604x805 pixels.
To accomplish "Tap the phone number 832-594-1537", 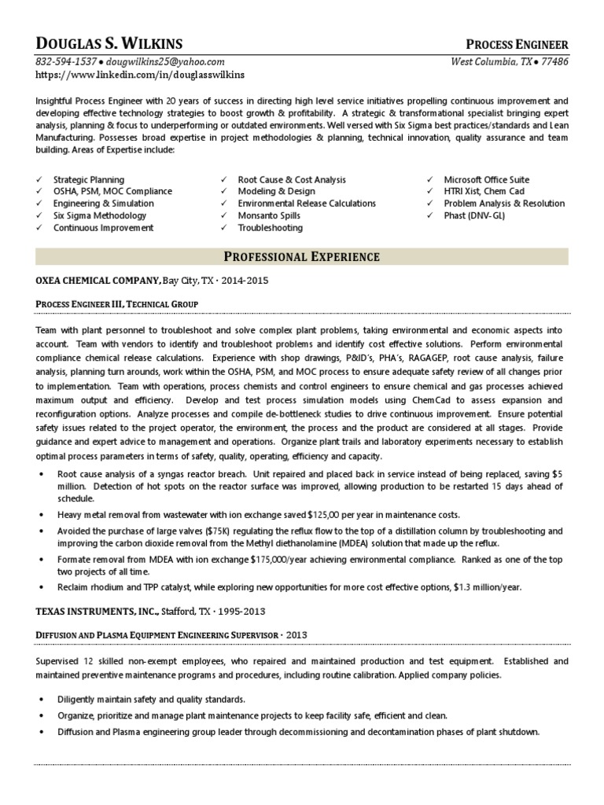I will pos(66,61).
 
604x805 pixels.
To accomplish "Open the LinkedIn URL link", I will pos(140,75).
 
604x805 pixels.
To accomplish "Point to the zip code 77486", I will pos(554,61).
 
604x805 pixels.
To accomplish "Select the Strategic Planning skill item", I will pos(89,180).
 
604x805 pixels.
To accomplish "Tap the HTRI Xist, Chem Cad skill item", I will pos(484,192).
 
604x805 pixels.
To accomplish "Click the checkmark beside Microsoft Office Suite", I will pos(430,180).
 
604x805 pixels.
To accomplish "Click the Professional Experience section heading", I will pos(302,256).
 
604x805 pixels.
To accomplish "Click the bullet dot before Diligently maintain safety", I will pos(41,699).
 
